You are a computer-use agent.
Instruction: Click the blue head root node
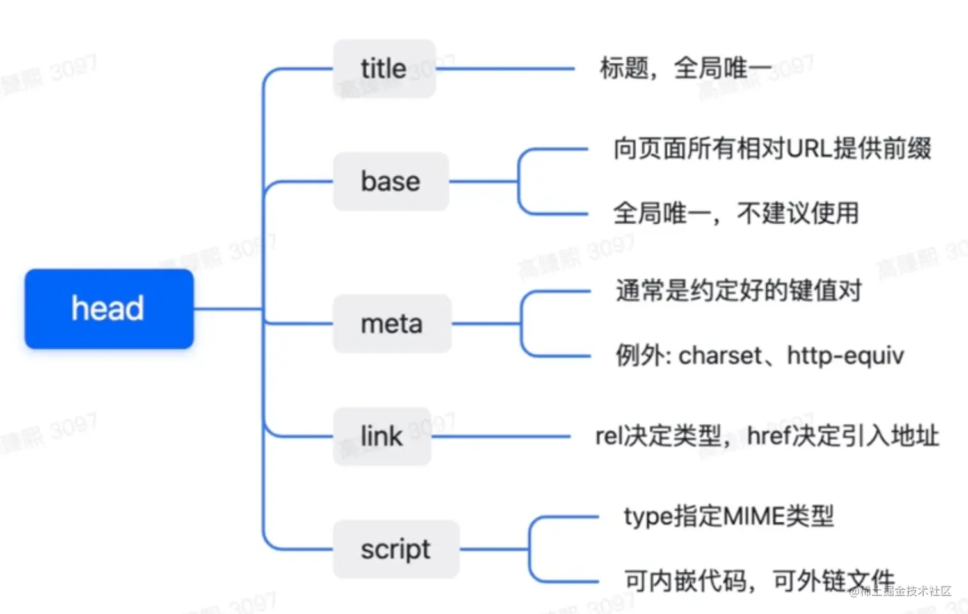click(109, 309)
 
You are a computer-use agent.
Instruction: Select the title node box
click(384, 69)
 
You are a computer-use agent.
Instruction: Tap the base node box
click(391, 181)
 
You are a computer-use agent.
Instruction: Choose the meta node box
click(392, 324)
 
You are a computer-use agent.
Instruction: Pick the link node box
click(382, 436)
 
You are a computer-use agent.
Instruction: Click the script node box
click(396, 549)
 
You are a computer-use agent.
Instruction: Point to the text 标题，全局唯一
click(685, 68)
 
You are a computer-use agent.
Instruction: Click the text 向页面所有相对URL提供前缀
click(772, 149)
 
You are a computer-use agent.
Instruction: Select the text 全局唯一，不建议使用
click(736, 213)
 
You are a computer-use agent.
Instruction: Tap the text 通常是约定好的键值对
click(738, 291)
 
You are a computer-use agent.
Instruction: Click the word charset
click(720, 356)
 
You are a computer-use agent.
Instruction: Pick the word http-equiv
click(845, 356)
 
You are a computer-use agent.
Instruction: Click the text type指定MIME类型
click(729, 517)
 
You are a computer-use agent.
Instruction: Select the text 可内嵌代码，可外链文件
click(759, 581)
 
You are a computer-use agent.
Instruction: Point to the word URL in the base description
click(809, 149)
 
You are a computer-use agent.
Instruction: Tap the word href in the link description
click(765, 436)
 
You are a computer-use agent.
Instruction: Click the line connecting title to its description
click(506, 69)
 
